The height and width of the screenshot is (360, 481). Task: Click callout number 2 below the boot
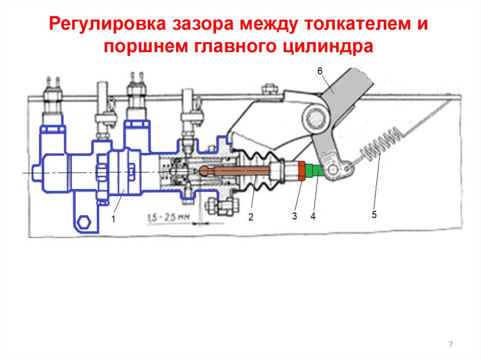[250, 217]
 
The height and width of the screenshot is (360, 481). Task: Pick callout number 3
[294, 216]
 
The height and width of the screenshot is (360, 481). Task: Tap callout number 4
[312, 216]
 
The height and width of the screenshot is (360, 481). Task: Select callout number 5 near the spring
[374, 214]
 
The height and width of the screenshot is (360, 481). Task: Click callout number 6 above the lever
[319, 72]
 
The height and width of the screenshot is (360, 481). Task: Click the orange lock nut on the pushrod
[302, 170]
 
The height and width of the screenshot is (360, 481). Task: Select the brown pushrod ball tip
[205, 170]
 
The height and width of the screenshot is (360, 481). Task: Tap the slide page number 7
[451, 345]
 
